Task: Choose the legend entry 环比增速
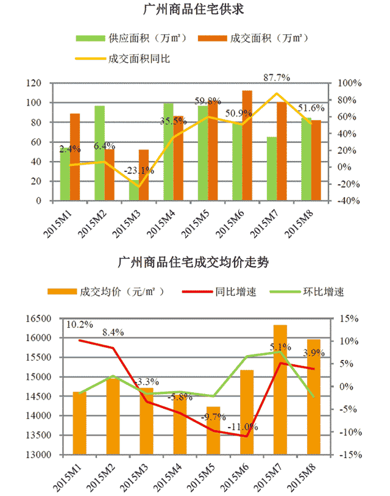point(323,292)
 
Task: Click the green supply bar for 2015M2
point(100,153)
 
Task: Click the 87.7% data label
point(276,77)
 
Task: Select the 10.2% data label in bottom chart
point(79,324)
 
